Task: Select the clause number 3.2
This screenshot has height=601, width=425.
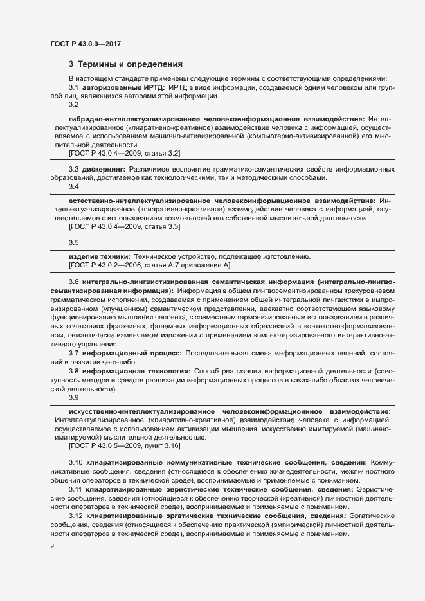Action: coord(73,103)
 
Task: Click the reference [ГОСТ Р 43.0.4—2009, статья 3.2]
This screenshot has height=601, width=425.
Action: coord(124,153)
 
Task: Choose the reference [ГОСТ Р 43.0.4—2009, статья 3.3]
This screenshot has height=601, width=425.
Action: coord(124,227)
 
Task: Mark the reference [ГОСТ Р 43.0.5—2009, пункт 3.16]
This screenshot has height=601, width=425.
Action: coord(124,445)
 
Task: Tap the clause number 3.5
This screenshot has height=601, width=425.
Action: coord(73,242)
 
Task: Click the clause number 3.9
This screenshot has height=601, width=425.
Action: coord(73,397)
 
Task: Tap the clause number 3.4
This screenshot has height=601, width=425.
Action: coord(73,186)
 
